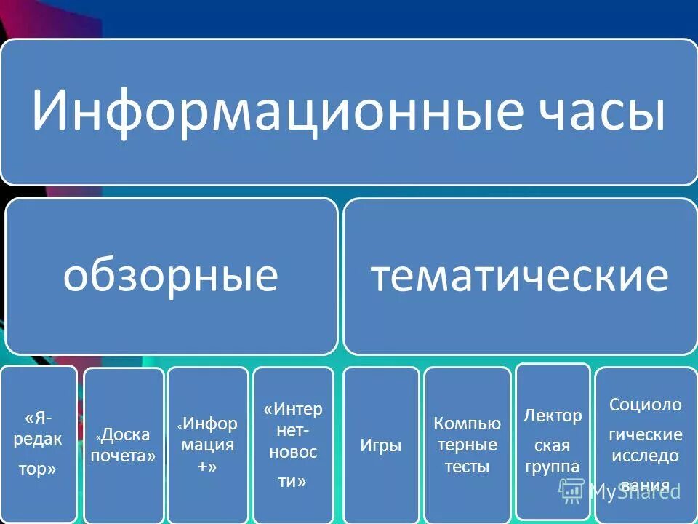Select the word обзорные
tap(171, 276)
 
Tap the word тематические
tap(520, 276)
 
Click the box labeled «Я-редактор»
tap(39, 443)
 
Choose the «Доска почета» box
tap(124, 445)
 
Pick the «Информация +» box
tap(208, 445)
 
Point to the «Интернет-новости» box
tap(293, 445)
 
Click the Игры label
tap(380, 445)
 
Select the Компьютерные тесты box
tap(467, 445)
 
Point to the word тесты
tap(467, 467)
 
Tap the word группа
tap(553, 467)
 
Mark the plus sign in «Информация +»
tap(205, 467)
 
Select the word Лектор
tap(553, 416)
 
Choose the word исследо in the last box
tap(646, 456)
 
